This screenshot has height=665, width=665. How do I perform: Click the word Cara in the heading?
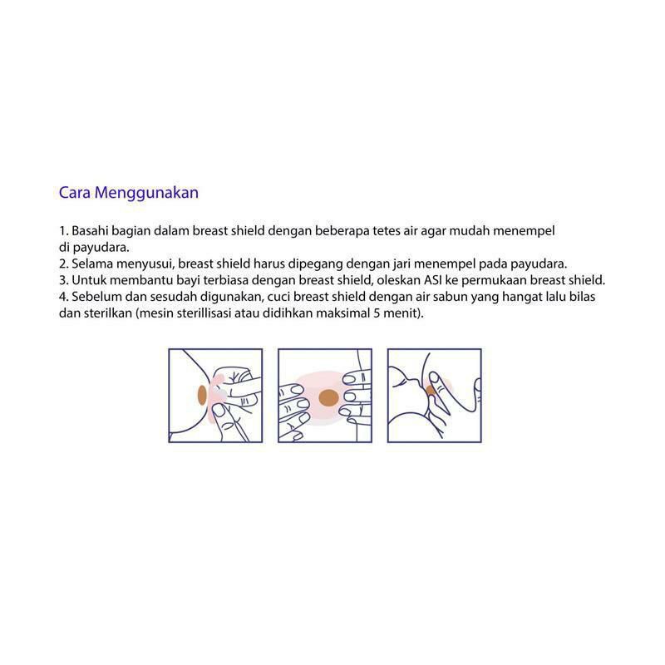coord(75,193)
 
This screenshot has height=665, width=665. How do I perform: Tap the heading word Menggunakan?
coord(146,194)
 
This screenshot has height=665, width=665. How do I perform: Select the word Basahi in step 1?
coord(90,231)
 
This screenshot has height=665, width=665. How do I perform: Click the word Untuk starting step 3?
coord(86,280)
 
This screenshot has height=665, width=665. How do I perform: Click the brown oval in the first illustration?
coord(202,396)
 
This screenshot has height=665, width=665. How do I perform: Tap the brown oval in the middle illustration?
coord(328,398)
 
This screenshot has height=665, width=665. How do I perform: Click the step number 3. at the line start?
coord(64,280)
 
